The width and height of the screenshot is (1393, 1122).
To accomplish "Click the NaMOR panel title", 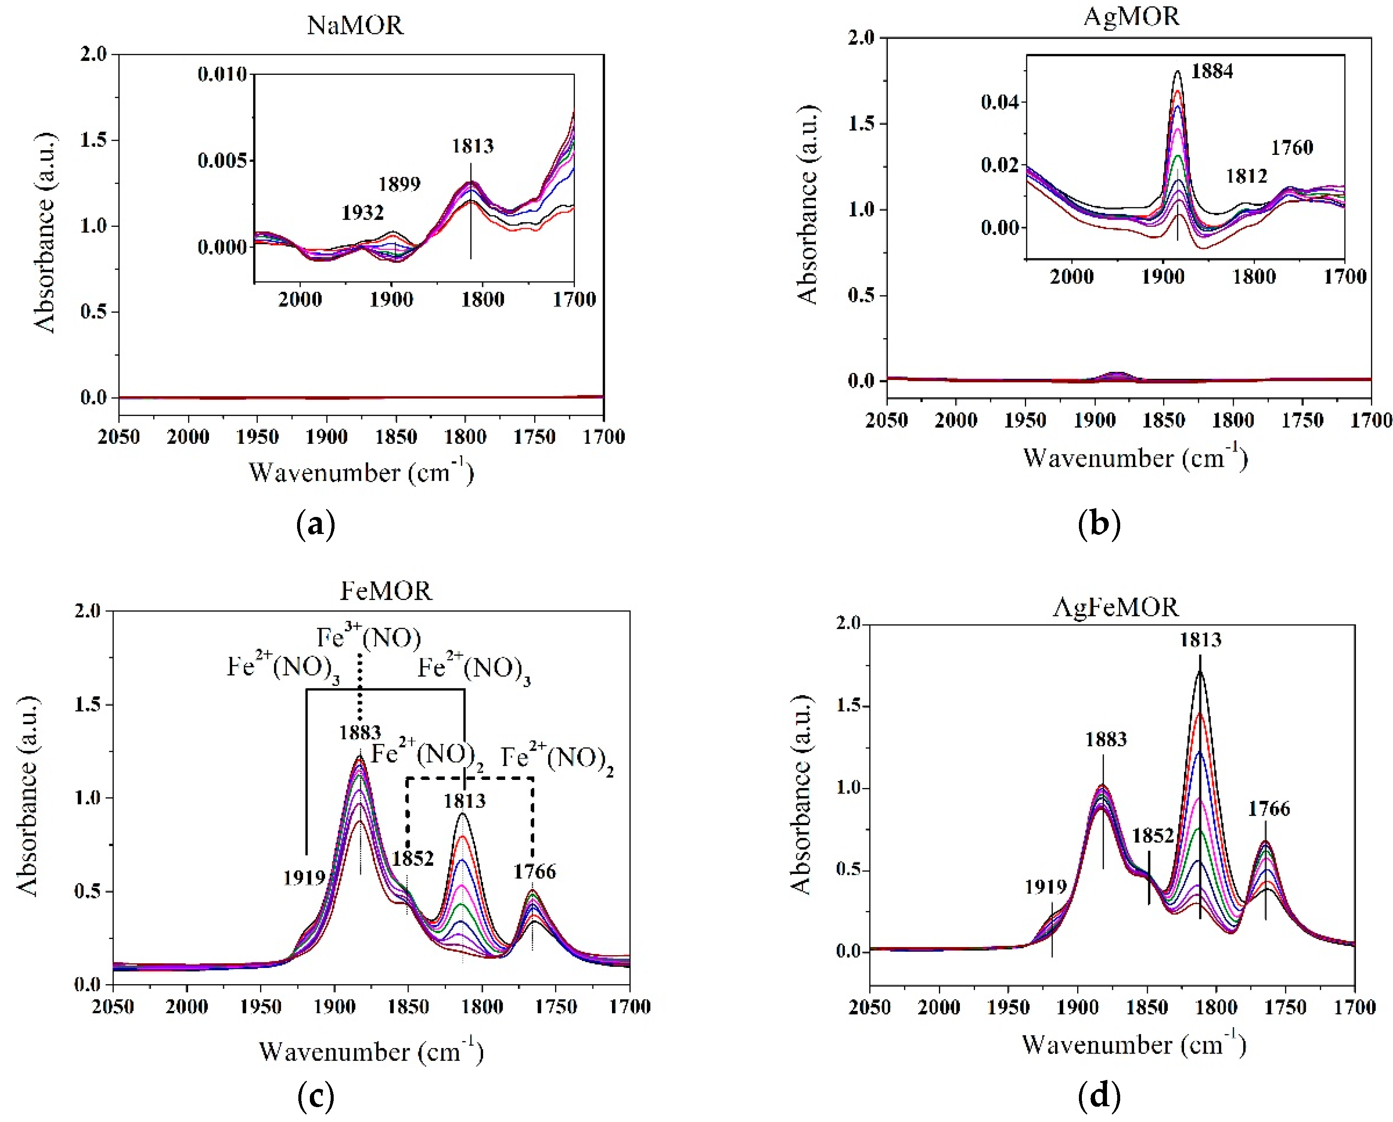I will [355, 25].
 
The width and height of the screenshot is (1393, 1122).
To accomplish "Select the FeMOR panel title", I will [386, 591].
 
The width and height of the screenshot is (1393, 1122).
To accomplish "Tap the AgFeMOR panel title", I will [1115, 607].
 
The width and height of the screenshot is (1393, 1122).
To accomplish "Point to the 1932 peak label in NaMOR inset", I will [363, 213].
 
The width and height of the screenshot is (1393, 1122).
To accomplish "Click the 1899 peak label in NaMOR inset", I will [400, 184].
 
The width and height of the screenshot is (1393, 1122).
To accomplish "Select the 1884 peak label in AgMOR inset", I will [1212, 71].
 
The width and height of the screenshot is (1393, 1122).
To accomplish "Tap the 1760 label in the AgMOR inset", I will [1292, 148].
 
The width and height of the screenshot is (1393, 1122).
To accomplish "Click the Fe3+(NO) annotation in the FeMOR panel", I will [369, 637].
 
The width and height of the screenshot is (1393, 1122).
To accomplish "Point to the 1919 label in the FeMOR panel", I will [304, 878].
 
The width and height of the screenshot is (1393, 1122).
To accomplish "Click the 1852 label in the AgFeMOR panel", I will [1153, 836].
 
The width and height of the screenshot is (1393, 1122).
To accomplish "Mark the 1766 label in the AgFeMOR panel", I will [1269, 808].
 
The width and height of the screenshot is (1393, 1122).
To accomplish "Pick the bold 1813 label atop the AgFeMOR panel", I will [1200, 640].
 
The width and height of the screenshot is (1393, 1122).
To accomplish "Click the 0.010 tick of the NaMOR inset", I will [222, 74].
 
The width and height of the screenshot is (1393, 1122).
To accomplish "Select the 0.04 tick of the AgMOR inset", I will [999, 102].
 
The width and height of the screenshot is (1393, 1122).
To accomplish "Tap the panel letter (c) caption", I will [316, 1095].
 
